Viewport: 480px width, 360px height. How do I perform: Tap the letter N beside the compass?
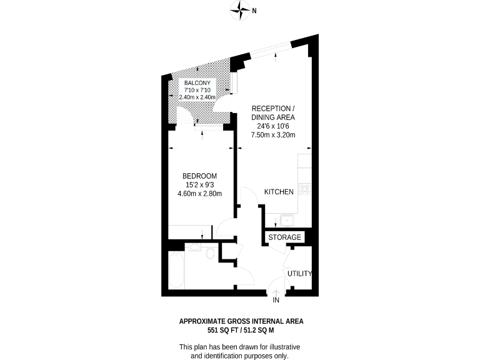coord(254,10)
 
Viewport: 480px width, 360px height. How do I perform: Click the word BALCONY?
coord(197,82)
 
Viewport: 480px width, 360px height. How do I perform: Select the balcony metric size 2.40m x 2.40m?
coord(197,97)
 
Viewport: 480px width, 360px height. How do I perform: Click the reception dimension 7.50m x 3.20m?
coord(273,134)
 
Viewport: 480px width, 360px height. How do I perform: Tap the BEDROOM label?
coord(200,176)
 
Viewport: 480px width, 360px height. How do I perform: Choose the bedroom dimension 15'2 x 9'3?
coord(200,184)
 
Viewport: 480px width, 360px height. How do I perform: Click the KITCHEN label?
coord(279,192)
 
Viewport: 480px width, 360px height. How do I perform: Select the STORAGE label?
coord(285,237)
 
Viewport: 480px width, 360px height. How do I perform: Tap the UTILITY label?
coord(299,274)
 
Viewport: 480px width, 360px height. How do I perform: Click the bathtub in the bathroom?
coord(176,270)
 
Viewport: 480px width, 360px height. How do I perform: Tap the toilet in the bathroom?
coord(211,252)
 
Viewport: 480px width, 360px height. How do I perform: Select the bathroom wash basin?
coord(194,247)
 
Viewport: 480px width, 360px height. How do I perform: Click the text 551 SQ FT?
coord(223,329)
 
